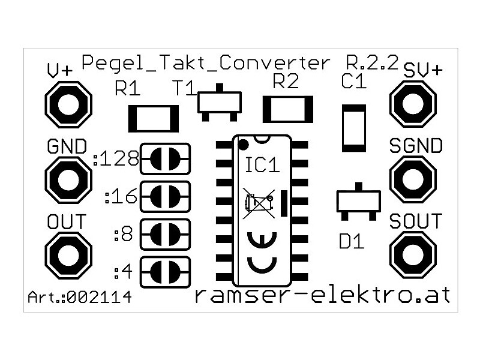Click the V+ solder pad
point(68,105)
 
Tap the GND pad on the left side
point(68,179)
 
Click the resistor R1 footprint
point(153,118)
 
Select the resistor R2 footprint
point(289,109)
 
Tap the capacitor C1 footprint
point(353,128)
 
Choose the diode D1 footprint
point(359,201)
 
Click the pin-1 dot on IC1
point(243,144)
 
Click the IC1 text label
point(263,165)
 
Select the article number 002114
point(100,298)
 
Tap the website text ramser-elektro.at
point(325,295)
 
